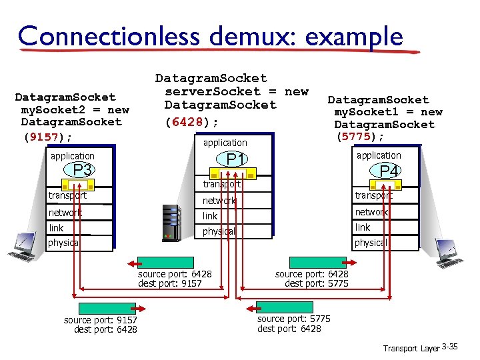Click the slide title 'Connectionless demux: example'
tap(210, 35)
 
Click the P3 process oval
tap(82, 171)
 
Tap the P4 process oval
tap(389, 171)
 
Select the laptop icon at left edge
tap(21, 246)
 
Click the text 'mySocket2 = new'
tap(75, 109)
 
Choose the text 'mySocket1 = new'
tap(388, 112)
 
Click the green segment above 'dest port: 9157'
tap(165, 263)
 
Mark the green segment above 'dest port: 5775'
tap(317, 263)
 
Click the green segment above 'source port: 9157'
tap(107, 308)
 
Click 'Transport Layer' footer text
tap(411, 348)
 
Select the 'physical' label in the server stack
tap(219, 231)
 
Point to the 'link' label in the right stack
tap(363, 227)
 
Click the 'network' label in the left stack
tap(65, 212)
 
